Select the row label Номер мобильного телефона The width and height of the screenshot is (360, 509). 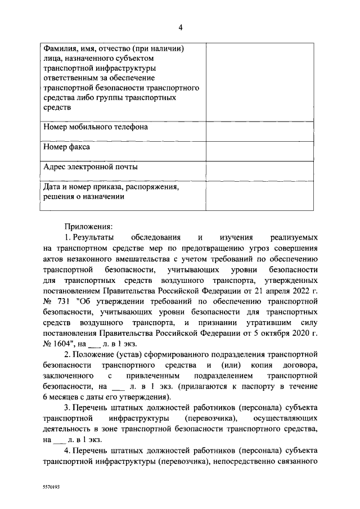[96, 127]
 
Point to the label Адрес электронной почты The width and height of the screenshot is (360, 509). [91, 167]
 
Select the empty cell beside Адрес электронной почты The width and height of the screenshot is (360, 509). [260, 170]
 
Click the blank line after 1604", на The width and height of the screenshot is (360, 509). [97, 344]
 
